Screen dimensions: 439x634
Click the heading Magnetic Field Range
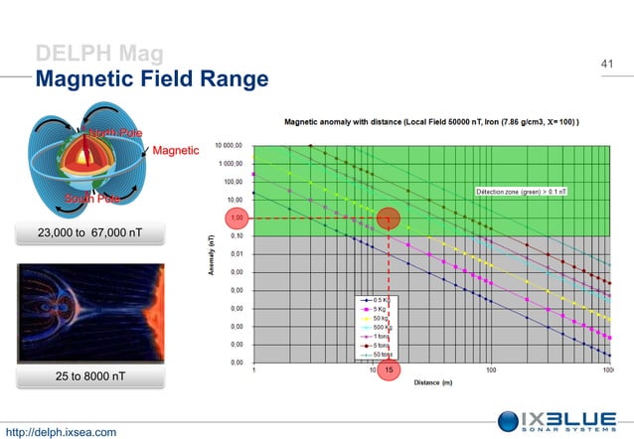152,78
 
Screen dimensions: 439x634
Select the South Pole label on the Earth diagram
92,199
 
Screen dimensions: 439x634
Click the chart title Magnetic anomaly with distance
432,122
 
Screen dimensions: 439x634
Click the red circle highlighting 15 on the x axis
390,370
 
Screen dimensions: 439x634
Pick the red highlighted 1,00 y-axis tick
237,218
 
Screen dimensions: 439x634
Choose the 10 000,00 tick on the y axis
229,146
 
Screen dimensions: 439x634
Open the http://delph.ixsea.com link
62,431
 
